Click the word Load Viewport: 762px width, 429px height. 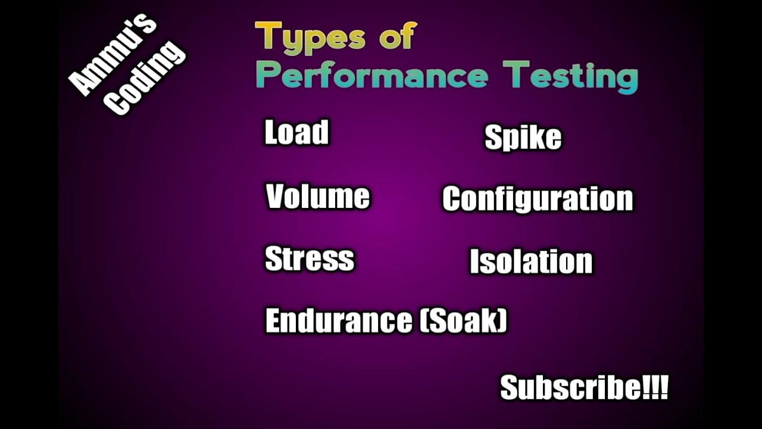[296, 132]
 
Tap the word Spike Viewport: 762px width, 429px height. [523, 138]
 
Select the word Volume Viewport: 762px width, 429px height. [317, 197]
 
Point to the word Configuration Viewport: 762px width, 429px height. [537, 199]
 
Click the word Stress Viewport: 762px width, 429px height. [309, 259]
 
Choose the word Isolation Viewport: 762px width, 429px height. [531, 262]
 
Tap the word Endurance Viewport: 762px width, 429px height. [338, 321]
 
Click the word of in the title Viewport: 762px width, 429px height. [396, 37]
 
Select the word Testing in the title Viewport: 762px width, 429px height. [570, 77]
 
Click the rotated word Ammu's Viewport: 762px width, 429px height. [113, 55]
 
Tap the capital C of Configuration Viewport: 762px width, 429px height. [452, 199]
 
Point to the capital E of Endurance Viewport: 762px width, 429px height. [273, 321]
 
